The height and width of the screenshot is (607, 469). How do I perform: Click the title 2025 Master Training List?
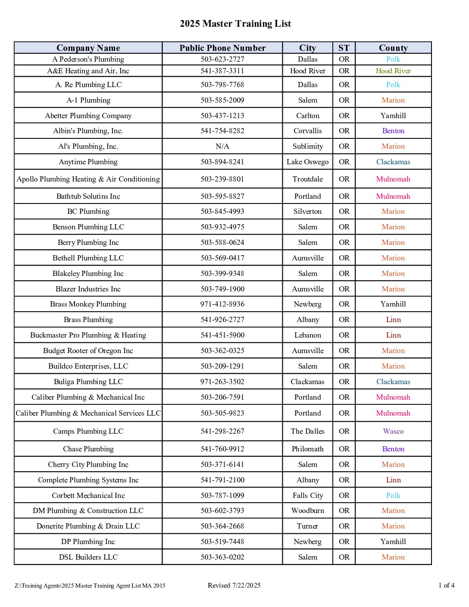coord(235,24)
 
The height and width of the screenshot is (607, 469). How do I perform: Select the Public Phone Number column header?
coord(222,48)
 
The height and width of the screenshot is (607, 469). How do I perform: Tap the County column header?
coord(393,48)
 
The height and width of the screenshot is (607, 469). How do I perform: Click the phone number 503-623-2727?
coord(222,59)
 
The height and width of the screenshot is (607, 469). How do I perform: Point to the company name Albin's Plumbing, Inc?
coord(88,131)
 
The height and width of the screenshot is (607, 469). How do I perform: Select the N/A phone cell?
coord(222,146)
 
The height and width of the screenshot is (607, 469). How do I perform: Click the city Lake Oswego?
coord(307,162)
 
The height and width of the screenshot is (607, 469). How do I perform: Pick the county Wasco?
coord(393,431)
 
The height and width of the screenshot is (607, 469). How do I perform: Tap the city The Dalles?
coord(307,431)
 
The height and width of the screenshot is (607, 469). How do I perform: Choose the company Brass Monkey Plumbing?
coord(88,304)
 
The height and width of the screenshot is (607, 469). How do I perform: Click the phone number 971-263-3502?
coord(222,382)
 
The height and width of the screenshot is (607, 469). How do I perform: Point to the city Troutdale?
coord(307,179)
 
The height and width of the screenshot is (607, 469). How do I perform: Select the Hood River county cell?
coord(393,71)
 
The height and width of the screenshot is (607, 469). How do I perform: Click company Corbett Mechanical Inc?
coord(88,495)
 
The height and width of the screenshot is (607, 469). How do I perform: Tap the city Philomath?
coord(307,449)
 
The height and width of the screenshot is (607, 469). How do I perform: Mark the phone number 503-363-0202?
coord(222,557)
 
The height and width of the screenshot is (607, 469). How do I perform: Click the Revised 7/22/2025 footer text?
coord(234,585)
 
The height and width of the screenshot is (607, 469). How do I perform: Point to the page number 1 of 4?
coord(446,585)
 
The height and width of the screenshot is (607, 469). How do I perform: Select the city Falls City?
coord(307,495)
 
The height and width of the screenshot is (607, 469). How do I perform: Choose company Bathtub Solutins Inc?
coord(88,196)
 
